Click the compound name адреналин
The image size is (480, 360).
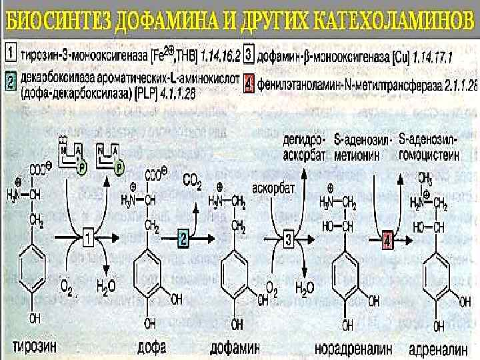pyautogui.click(x=436, y=347)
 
